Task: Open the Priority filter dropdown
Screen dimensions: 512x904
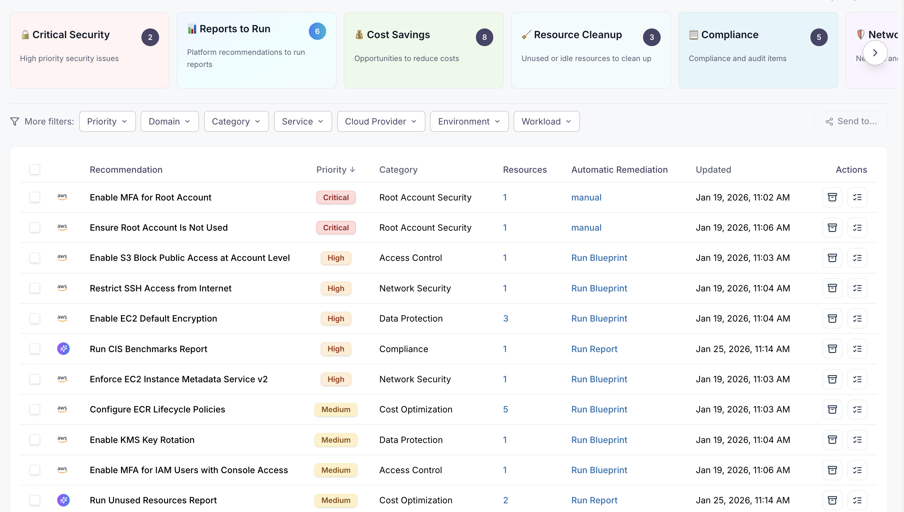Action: click(107, 121)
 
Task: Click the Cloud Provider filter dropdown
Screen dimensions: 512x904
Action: click(381, 121)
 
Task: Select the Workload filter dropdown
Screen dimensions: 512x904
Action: click(546, 121)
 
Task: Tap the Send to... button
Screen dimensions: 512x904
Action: click(851, 121)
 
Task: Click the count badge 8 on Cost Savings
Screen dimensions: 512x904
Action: click(484, 37)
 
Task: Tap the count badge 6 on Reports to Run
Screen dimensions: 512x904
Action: click(317, 31)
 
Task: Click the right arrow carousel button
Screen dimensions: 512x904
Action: click(875, 53)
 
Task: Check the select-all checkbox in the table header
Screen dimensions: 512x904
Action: click(35, 170)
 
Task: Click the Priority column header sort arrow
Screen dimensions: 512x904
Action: click(353, 170)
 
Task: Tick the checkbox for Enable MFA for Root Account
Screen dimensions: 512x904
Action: click(35, 197)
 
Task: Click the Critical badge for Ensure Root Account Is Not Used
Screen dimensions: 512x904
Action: click(336, 228)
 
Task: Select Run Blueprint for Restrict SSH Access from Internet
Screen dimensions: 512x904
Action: click(599, 288)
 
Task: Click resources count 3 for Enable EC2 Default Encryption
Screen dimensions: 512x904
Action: click(505, 318)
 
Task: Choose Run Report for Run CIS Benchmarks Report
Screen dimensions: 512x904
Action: click(594, 349)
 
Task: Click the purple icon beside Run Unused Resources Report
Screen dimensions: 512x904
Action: click(63, 500)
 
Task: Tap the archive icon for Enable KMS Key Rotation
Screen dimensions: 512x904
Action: click(832, 440)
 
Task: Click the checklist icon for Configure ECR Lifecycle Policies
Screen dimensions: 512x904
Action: click(857, 409)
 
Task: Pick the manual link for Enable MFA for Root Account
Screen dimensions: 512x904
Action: click(586, 197)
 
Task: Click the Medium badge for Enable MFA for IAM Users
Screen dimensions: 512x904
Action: click(336, 470)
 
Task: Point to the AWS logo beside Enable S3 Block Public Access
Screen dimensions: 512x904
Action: click(62, 258)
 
